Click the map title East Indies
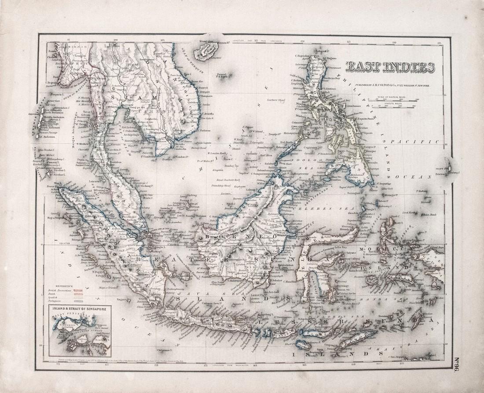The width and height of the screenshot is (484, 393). tap(390, 67)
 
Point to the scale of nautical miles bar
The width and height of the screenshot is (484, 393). tap(393, 99)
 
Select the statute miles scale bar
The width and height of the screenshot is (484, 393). tap(393, 106)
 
